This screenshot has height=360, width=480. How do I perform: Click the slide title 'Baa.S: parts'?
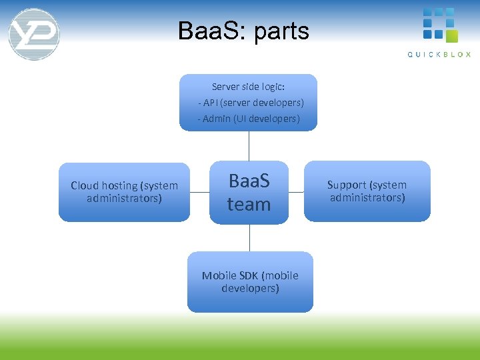[243, 31]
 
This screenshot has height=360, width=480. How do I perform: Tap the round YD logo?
[34, 34]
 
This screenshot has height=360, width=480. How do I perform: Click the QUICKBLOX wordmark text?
[439, 55]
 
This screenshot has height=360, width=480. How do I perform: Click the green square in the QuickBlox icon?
[451, 36]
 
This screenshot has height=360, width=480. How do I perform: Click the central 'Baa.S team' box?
[249, 192]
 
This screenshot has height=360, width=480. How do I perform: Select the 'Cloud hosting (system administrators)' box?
[124, 192]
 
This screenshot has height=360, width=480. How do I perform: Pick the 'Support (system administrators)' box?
[367, 191]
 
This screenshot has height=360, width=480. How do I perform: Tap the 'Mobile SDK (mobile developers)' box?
[249, 282]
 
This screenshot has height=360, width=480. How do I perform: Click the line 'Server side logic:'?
[248, 87]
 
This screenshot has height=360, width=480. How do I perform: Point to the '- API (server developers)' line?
[251, 103]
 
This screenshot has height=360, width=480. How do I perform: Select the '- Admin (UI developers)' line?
[249, 119]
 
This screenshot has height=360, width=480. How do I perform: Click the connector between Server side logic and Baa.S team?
[249, 145]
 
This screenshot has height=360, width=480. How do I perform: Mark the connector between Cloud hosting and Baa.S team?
[199, 192]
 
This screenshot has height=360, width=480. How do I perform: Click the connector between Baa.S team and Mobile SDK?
[249, 238]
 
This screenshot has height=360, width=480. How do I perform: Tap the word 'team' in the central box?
[249, 204]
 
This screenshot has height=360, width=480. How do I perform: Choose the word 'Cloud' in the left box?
[85, 185]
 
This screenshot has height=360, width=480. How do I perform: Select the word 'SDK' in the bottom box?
[250, 275]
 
